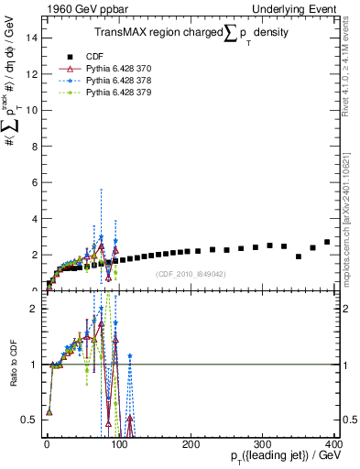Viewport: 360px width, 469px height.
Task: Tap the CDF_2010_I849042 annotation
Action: pos(190,274)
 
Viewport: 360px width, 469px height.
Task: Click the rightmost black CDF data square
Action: pos(327,242)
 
